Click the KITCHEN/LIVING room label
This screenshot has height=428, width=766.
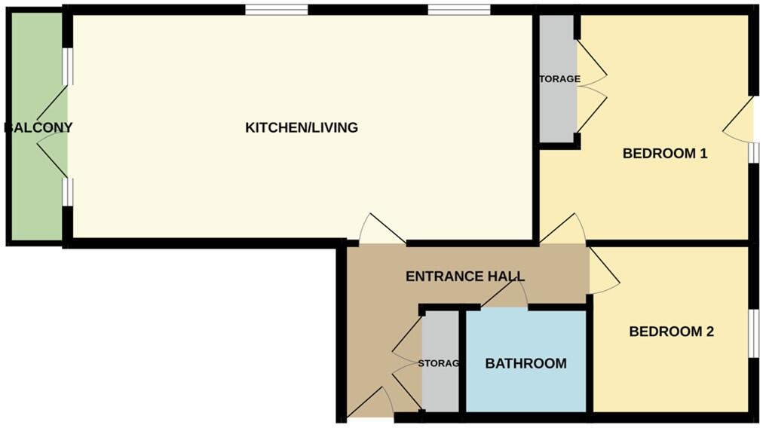click(302, 127)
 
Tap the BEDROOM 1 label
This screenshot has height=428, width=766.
click(664, 154)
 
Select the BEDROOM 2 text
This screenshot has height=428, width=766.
click(671, 331)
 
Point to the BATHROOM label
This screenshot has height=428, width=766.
click(525, 363)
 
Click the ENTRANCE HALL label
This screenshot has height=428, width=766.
click(464, 276)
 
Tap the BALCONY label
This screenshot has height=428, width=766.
click(38, 127)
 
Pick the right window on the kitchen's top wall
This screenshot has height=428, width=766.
click(459, 10)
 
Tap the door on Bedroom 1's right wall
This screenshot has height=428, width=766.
click(740, 121)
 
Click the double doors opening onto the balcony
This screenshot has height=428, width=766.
click(51, 127)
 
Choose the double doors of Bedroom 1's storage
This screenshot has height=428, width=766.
click(591, 87)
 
